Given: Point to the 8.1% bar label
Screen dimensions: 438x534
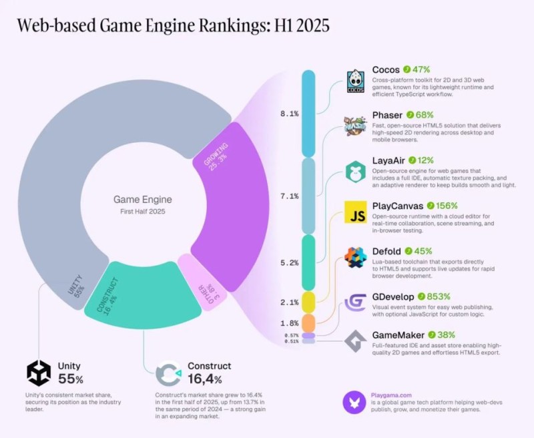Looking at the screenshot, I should pos(288,114).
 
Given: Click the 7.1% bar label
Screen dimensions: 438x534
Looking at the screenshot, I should pos(288,196).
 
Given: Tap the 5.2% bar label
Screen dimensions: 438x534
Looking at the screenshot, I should pos(288,262).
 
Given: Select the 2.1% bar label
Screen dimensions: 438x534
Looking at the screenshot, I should pos(288,302).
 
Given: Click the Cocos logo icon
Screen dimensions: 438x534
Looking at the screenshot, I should pos(356,80).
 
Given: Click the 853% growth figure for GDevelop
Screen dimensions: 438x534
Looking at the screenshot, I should pos(438,296).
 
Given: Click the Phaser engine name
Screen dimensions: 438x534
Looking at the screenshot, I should pos(386,115).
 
